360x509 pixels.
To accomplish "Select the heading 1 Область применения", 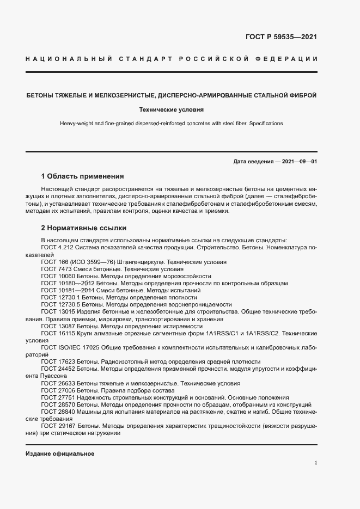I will click(x=82, y=176).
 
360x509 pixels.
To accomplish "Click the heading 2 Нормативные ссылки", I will click(x=83, y=228).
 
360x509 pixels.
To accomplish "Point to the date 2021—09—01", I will click(x=299, y=161).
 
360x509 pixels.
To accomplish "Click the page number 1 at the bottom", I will click(x=316, y=463).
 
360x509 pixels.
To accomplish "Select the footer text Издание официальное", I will click(x=60, y=453).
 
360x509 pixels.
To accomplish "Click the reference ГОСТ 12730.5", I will click(x=60, y=305).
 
